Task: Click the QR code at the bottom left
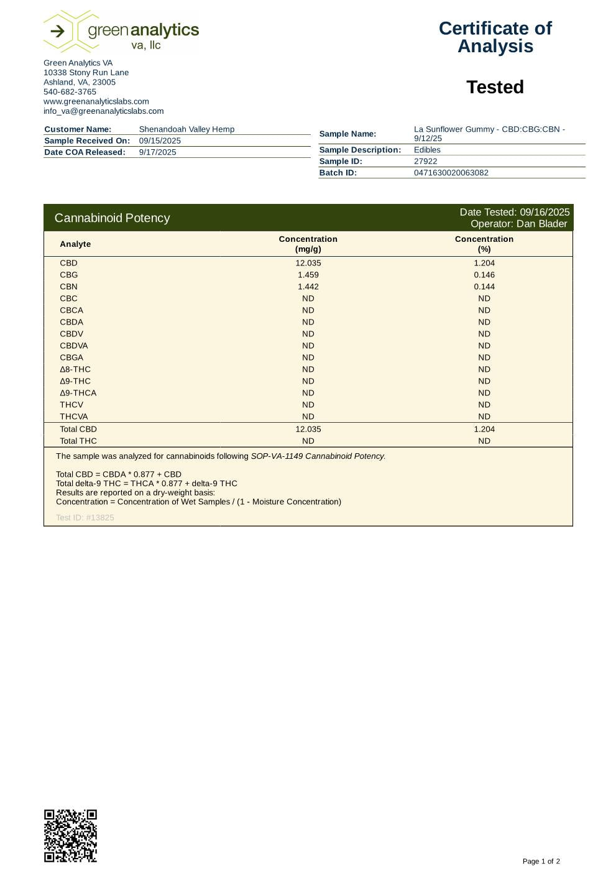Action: coord(70,836)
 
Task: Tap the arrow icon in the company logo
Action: coord(57,31)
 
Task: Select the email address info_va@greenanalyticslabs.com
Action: coord(103,111)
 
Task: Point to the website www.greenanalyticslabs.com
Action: coord(96,101)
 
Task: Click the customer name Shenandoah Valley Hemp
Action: coord(186,129)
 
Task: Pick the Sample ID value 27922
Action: coord(425,161)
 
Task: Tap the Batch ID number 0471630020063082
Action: coord(451,173)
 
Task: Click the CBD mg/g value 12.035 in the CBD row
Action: coord(308,263)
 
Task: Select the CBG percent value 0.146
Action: coord(484,275)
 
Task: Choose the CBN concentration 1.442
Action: coord(308,287)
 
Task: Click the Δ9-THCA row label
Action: coord(78,393)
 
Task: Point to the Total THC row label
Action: coord(78,441)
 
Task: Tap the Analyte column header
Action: coord(75,244)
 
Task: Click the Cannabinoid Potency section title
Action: coord(112,218)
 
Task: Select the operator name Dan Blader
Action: coord(541,224)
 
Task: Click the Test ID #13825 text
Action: coord(85,517)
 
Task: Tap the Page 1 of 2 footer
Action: coord(541,861)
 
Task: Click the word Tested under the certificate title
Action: coord(495,87)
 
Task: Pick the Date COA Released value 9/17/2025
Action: coord(157,152)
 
